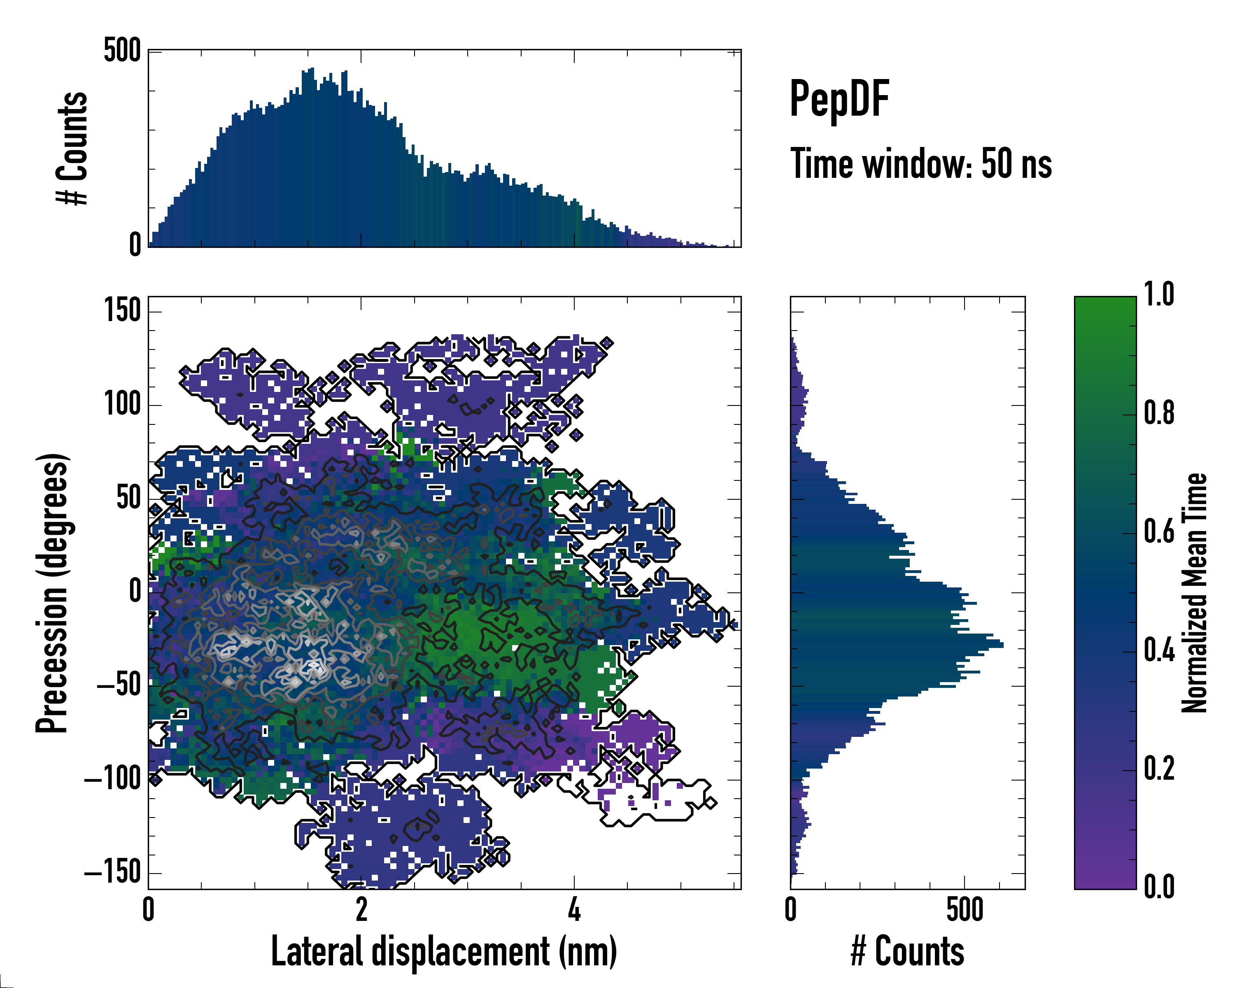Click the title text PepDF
click(x=839, y=100)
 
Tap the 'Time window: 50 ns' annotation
click(x=920, y=164)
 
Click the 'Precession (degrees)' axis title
click(x=53, y=593)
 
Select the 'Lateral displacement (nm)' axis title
click(x=444, y=951)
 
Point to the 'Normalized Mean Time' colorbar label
click(x=1194, y=593)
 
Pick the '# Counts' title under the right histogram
click(x=907, y=951)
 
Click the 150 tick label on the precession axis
click(x=122, y=312)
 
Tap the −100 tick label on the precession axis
click(x=113, y=779)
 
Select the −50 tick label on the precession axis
click(x=119, y=685)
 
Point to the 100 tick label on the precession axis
click(x=122, y=405)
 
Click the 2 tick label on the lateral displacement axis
click(x=361, y=909)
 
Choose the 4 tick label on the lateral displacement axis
click(x=574, y=909)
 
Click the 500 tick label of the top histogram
click(x=122, y=51)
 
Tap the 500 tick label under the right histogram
click(x=965, y=909)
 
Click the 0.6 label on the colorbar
click(x=1159, y=532)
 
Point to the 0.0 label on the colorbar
click(x=1159, y=887)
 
